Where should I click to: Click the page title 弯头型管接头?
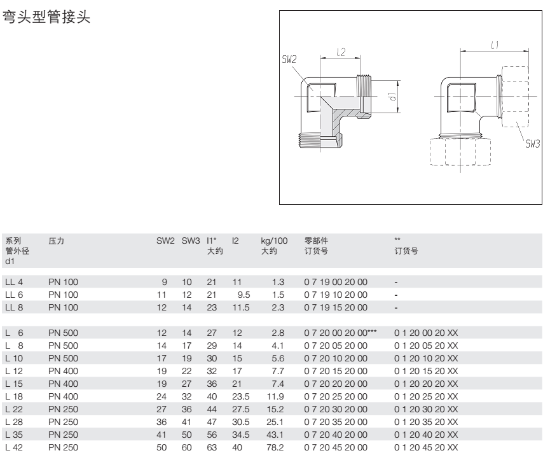[46, 17]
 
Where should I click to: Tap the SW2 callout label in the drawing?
[289, 60]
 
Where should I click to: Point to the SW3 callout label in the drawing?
[533, 144]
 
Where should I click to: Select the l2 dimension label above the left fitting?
[341, 52]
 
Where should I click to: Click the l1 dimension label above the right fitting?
[495, 45]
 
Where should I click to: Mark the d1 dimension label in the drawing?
[392, 97]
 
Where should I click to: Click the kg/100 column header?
[274, 241]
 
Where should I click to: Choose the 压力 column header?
[56, 241]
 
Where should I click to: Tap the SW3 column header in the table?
[191, 241]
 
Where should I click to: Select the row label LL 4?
[14, 282]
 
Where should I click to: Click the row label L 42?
[14, 447]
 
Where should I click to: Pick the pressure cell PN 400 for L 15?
[64, 384]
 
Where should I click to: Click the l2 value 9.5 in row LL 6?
[244, 295]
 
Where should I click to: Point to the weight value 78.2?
[275, 447]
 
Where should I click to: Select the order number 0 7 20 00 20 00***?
[340, 333]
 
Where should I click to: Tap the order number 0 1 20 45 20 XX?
[426, 447]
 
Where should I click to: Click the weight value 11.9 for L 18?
[275, 396]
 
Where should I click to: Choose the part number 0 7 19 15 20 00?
[336, 307]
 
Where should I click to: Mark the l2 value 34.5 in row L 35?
[241, 435]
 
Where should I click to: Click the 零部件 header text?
[316, 241]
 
